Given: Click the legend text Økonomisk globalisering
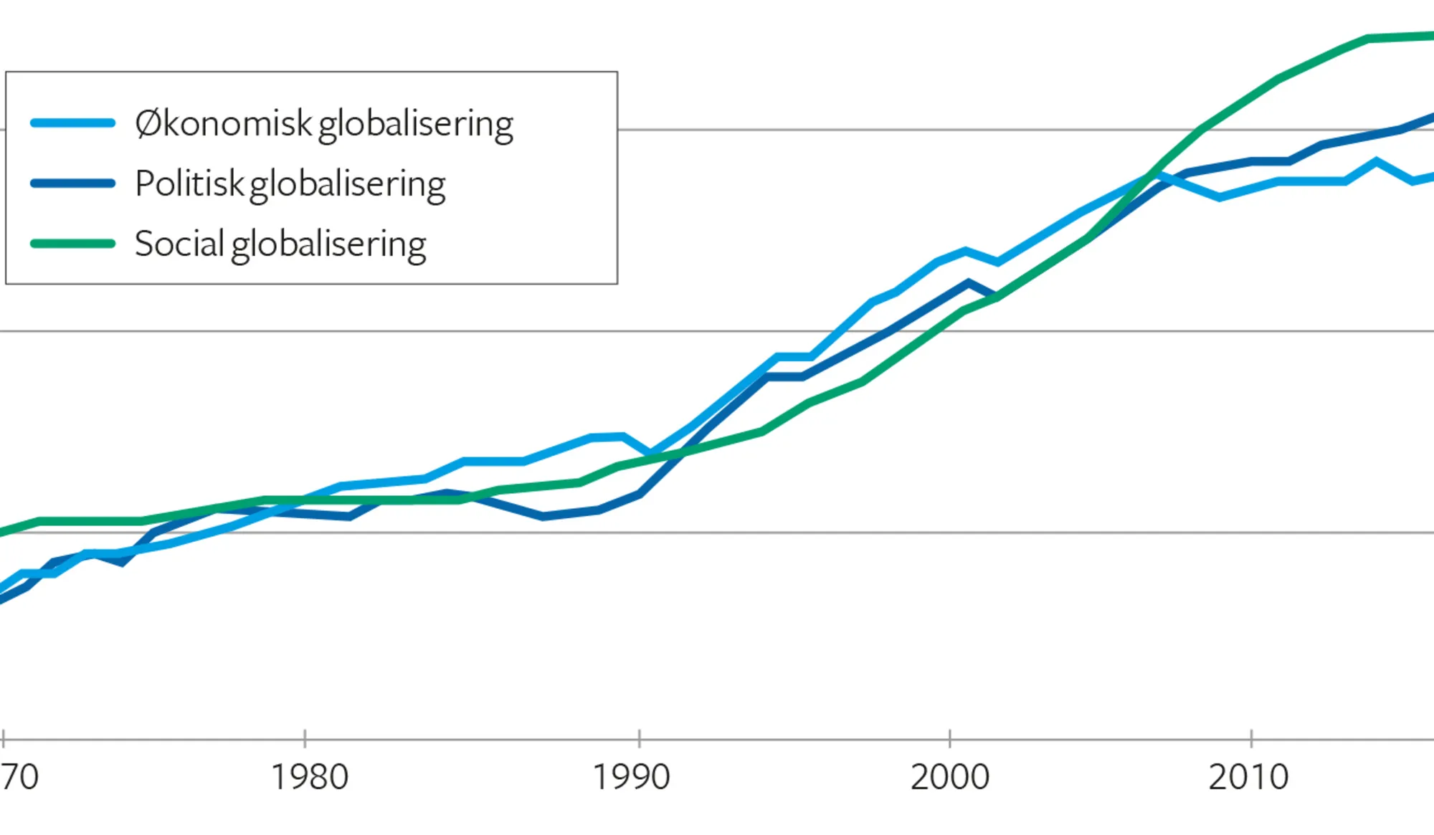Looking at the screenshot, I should coord(323,124).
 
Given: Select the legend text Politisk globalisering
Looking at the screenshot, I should coord(290,184).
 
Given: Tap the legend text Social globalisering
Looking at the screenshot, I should coord(280,244).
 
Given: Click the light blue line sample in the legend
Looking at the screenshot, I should coord(73,123).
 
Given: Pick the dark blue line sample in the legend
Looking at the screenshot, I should coord(73,183).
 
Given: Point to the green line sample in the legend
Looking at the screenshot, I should coord(73,244).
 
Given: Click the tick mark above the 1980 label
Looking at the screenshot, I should coord(305,738).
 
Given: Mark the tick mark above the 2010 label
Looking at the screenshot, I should coord(1251,738).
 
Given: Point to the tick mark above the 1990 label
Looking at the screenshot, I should coord(639,738).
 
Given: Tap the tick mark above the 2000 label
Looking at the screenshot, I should coord(949,738).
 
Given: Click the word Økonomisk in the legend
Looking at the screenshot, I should coord(223,124).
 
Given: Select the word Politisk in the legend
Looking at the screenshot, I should coord(189,184).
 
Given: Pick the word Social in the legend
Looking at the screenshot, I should coord(179,244).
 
